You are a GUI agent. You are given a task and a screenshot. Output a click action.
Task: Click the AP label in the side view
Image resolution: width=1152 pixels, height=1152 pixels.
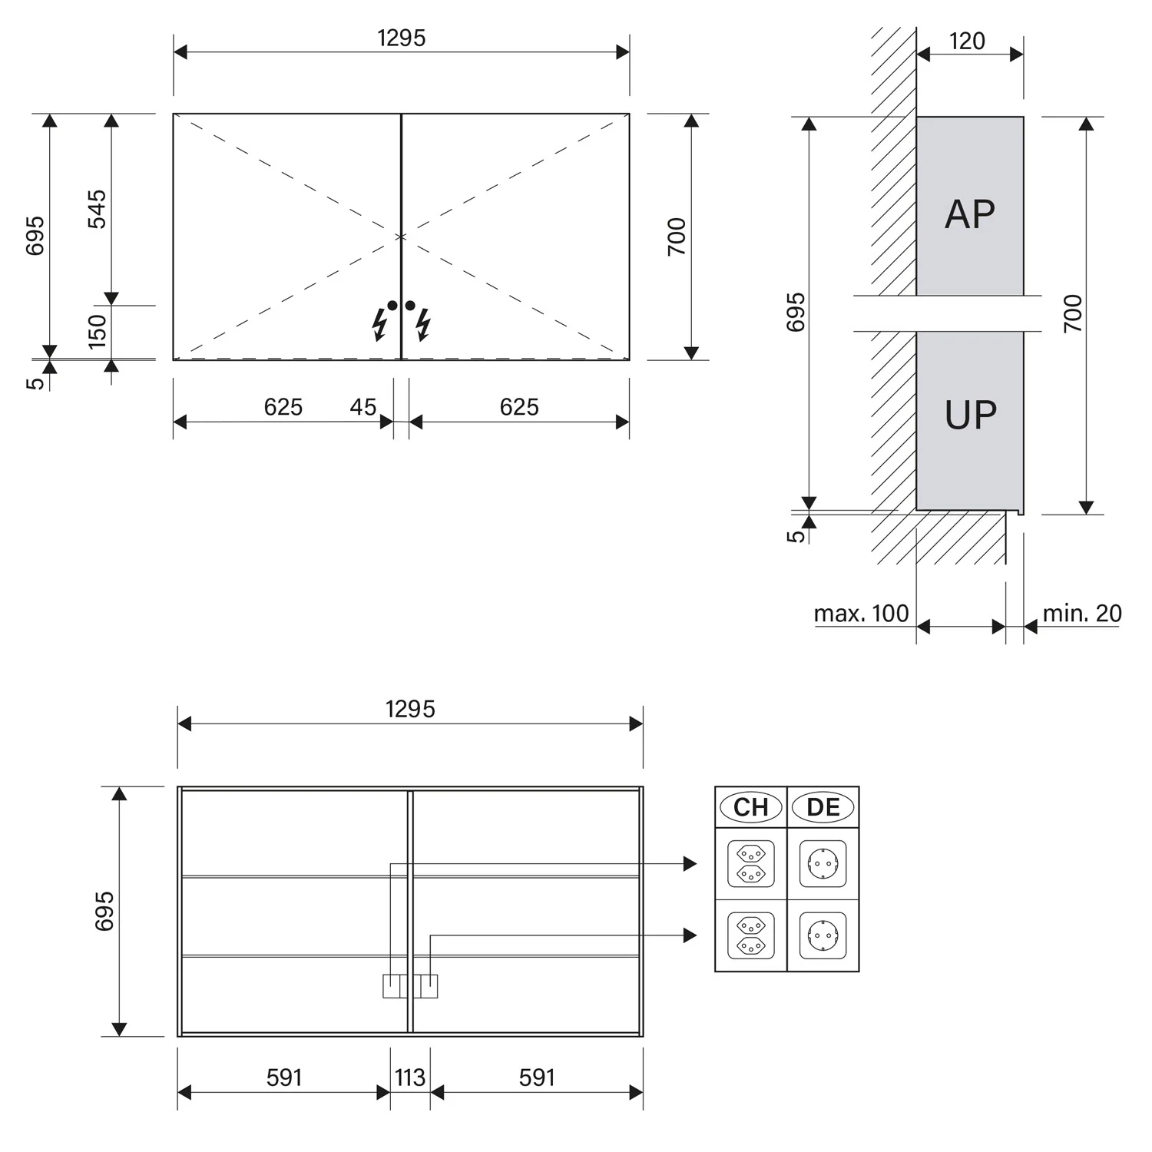click(x=970, y=214)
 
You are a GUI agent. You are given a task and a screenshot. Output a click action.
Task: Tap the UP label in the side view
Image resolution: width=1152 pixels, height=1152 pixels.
click(x=971, y=415)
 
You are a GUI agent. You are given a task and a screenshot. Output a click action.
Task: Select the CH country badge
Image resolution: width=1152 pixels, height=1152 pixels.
click(x=751, y=807)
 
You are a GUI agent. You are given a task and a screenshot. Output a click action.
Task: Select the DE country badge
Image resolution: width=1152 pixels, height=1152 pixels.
click(x=823, y=807)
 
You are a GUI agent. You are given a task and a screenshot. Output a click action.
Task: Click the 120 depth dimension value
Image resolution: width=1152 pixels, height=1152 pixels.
click(x=967, y=41)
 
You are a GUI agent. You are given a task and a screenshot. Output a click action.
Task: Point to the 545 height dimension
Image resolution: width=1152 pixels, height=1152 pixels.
click(x=97, y=209)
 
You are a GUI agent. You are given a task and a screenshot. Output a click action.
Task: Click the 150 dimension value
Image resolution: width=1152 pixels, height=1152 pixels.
click(x=97, y=331)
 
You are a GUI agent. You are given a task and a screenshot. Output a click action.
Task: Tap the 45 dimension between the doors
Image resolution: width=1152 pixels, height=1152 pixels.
click(x=363, y=406)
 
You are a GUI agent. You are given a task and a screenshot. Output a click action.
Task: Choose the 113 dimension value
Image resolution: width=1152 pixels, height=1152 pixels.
click(x=410, y=1078)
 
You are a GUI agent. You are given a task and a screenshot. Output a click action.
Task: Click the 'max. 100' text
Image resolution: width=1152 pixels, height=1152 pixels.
click(x=861, y=614)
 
